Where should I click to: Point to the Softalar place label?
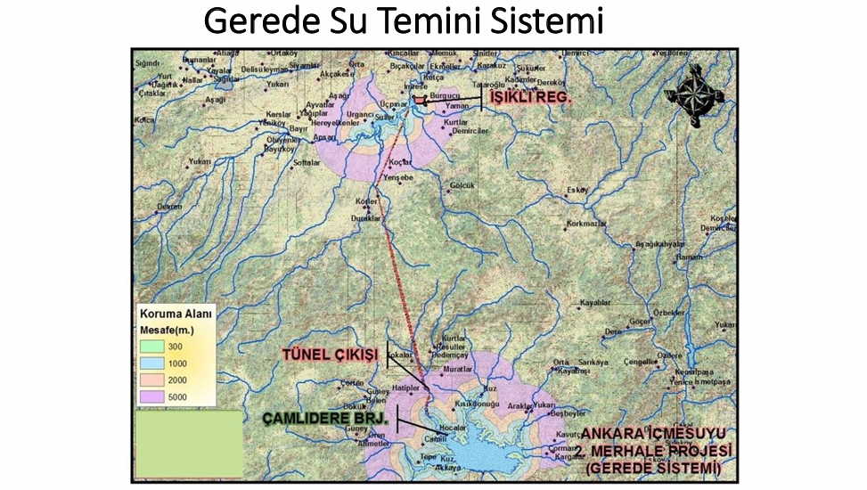[x=306, y=163]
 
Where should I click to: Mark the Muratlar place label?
[x=481, y=368]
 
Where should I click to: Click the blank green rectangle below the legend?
[x=188, y=443]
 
